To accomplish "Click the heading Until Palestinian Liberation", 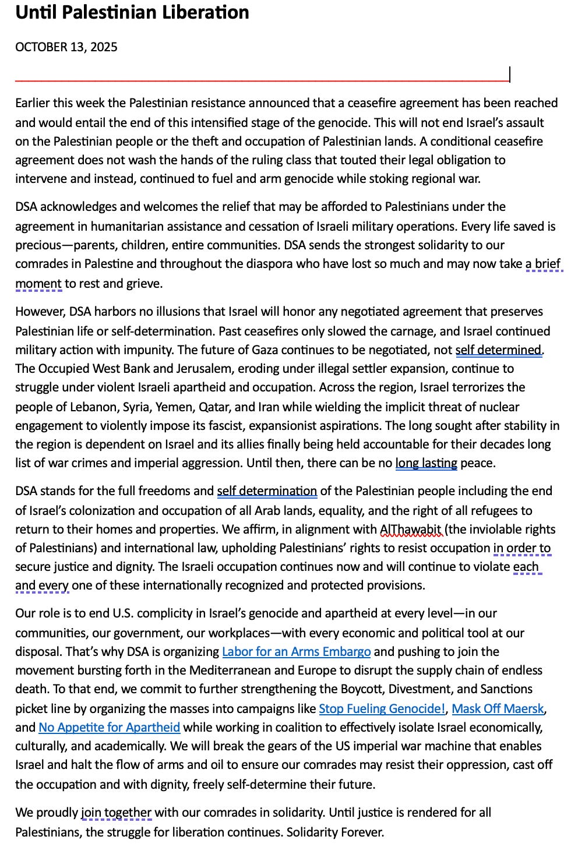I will pos(132,13).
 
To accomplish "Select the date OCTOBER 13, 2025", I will pos(66,47).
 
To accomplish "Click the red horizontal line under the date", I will pos(262,80).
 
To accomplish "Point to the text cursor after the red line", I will pos(510,75).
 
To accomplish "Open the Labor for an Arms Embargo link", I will pos(296,651).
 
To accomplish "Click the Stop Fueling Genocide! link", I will pos(382,708).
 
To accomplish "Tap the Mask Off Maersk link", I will pos(498,708).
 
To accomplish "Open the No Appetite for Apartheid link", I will pos(109,727).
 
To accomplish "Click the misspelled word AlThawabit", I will pos(411,529).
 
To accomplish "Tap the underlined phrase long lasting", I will pos(426,464).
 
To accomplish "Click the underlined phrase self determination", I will pos(267,491).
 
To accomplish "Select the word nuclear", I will pos(496,407).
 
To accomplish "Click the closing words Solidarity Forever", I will pos(335,832).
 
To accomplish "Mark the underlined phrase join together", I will pos(116,813).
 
